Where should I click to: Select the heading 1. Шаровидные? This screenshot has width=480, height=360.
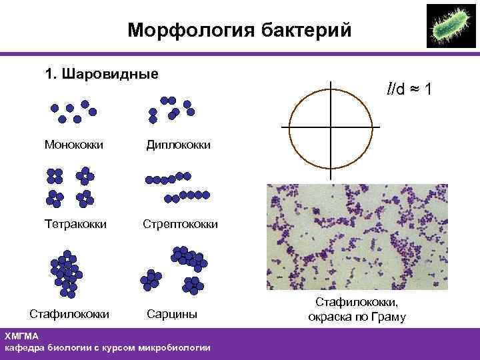[101, 73]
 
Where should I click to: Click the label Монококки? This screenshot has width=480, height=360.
[73, 144]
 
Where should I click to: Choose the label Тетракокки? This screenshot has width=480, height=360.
[75, 224]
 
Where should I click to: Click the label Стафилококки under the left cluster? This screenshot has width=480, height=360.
[70, 313]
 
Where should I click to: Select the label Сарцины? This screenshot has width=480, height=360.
[172, 313]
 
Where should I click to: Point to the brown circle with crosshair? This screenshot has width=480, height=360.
[331, 127]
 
